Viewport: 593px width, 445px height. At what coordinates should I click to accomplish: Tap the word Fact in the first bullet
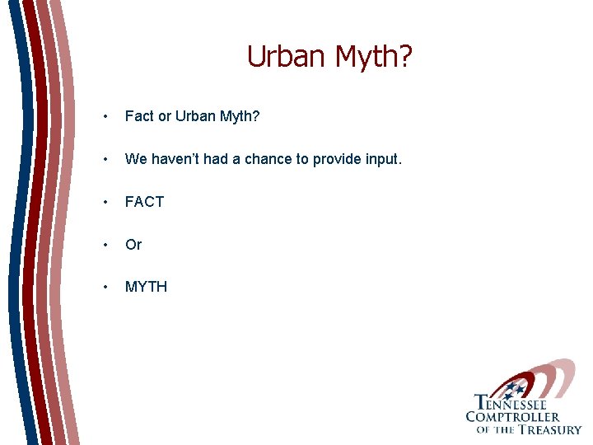[x=139, y=117]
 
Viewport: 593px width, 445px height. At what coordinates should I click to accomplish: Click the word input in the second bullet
[x=380, y=159]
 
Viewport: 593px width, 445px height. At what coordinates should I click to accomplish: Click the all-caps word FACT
[x=145, y=202]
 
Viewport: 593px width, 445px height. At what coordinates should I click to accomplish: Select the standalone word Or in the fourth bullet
[x=133, y=245]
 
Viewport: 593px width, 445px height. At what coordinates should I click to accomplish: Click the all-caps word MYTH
[x=147, y=287]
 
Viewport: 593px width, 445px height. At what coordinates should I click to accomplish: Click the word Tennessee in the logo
[x=511, y=404]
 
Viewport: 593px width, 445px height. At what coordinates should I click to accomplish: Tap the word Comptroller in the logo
[x=512, y=417]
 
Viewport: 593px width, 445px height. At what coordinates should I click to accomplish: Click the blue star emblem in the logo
[x=516, y=387]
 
